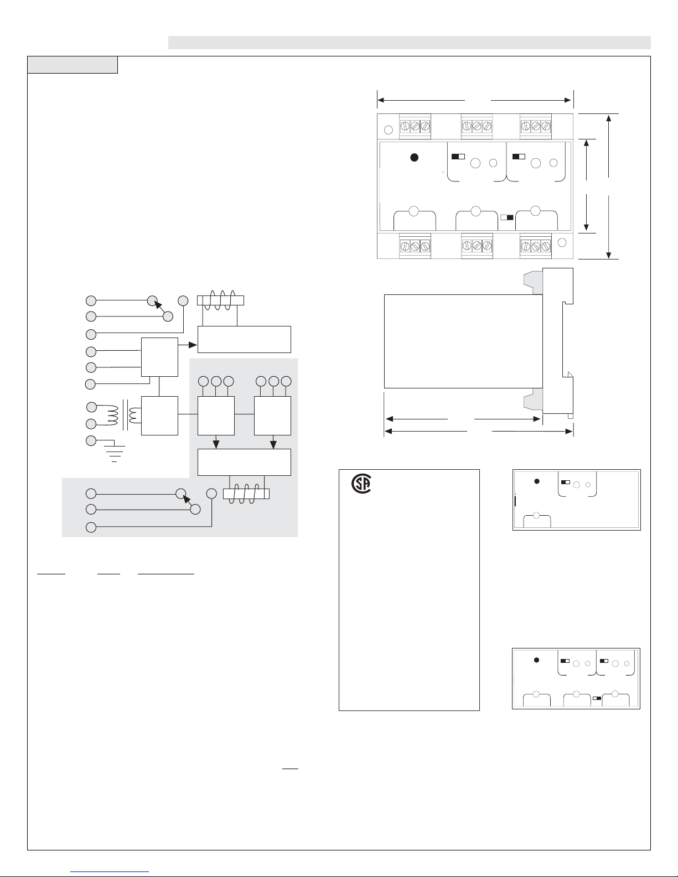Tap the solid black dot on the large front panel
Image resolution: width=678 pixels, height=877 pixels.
[x=413, y=158]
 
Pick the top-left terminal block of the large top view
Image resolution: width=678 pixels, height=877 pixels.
[x=415, y=126]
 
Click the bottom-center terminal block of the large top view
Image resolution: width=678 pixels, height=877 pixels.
[x=477, y=245]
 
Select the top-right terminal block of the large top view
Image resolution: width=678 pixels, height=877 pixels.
[x=536, y=126]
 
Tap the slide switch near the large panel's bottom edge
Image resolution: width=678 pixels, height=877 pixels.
[x=507, y=217]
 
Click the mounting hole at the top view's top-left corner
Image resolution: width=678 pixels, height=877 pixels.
[x=389, y=130]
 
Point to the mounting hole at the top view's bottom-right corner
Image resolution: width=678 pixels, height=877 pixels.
[x=562, y=243]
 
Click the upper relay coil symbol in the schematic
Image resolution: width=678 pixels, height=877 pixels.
[x=220, y=300]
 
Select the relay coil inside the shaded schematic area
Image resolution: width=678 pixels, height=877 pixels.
[x=246, y=494]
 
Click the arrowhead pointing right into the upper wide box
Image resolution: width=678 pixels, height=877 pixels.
[x=193, y=345]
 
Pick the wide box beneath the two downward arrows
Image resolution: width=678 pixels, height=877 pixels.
[x=245, y=462]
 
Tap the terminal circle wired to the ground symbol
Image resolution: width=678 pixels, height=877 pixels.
[x=91, y=441]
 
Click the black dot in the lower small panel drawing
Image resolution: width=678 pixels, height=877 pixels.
[x=536, y=660]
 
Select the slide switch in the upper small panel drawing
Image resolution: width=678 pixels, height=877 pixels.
[x=566, y=482]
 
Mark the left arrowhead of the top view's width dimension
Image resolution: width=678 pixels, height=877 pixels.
[x=381, y=100]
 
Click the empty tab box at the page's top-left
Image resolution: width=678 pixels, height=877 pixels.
[x=73, y=65]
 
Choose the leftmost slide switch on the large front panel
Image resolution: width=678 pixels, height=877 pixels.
[x=458, y=157]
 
